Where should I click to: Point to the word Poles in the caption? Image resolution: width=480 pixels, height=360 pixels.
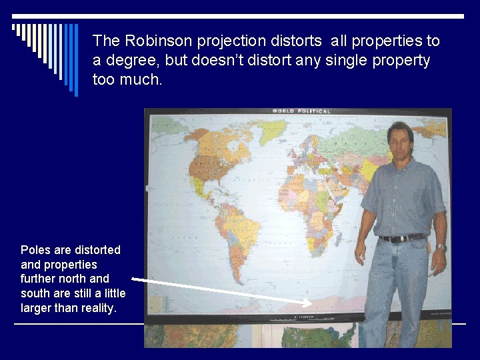pos(37,250)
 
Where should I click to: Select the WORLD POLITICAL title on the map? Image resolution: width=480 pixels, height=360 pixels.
pos(301,111)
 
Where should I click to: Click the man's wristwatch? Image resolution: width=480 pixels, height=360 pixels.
pos(441,247)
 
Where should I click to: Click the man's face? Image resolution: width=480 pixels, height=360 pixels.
pos(400,143)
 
